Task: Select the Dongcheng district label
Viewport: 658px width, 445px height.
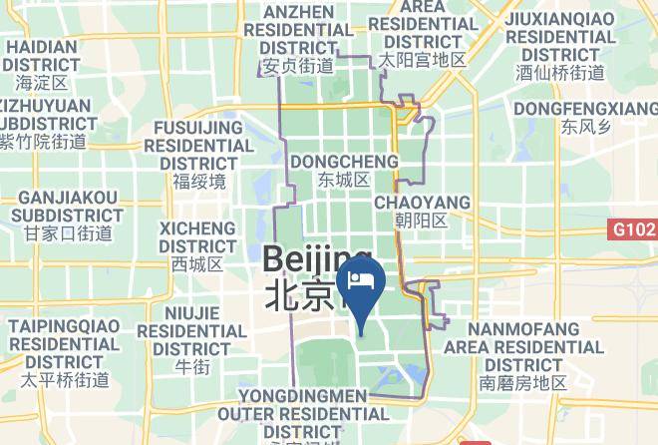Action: coord(344,162)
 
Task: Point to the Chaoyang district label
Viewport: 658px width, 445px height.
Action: coord(422,203)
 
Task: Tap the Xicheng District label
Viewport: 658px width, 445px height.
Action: coord(197,237)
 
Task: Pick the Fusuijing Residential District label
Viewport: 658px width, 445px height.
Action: coord(198,146)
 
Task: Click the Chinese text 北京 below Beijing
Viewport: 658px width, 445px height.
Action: coord(299,295)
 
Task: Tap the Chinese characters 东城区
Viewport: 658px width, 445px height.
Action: coord(344,181)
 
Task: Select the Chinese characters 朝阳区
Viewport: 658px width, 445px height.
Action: coord(422,221)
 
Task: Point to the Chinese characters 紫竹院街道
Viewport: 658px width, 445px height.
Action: coord(43,143)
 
